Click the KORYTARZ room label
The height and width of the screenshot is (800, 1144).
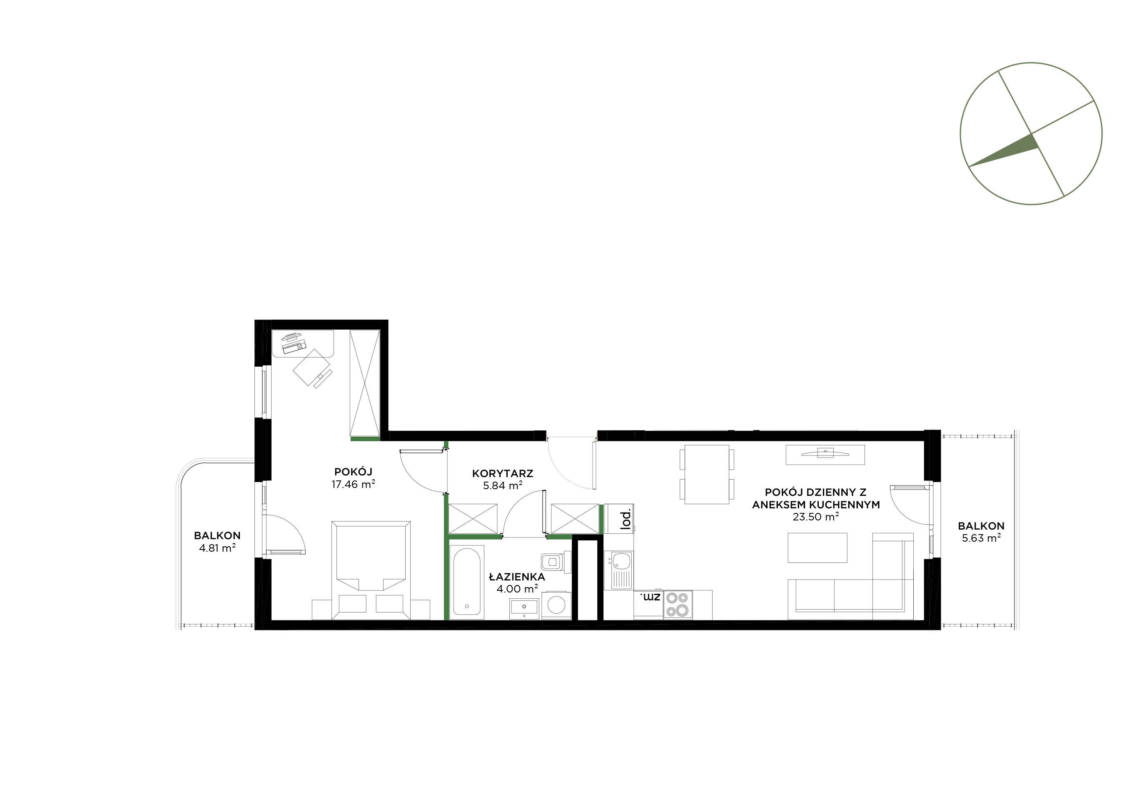click(x=503, y=473)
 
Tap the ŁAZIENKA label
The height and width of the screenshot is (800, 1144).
click(x=517, y=577)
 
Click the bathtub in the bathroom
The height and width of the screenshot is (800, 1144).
click(x=466, y=582)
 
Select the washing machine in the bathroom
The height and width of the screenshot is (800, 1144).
click(x=556, y=605)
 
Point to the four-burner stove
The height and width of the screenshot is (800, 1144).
click(x=678, y=605)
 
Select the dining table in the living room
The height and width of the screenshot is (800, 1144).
click(x=707, y=474)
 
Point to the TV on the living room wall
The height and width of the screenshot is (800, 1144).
click(x=825, y=454)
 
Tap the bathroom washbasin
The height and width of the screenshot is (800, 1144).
click(x=524, y=608)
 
